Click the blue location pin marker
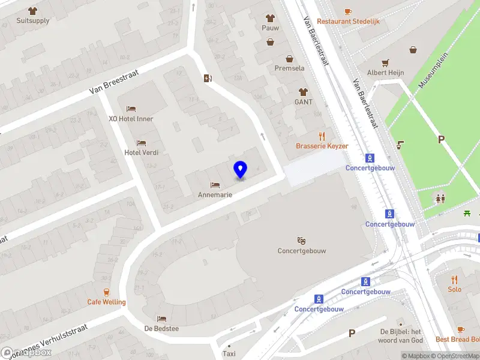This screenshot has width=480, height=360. pos(240,169)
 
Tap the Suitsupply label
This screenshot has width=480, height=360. pos(33,20)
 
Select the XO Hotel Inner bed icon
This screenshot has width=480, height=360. pos(131,109)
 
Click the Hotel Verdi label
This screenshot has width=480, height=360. pos(142,152)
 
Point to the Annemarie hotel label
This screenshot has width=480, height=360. pos(215,195)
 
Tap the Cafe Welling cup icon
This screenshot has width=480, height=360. pos(106,292)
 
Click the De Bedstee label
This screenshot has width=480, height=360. pos(161,329)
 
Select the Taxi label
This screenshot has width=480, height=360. pos(229,354)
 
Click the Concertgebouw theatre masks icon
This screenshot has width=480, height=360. pos(301,241)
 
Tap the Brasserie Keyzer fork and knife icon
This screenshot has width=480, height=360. pos(322,136)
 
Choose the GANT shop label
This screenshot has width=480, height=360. pos(304,102)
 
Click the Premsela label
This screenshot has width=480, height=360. pos(290,68)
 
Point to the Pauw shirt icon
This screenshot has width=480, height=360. pos(270,18)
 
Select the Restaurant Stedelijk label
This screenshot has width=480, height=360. pos(348,21)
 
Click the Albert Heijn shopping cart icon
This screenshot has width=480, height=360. pos(385,62)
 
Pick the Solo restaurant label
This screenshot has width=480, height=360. pos(454,289)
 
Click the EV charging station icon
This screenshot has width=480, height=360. pos(208,78)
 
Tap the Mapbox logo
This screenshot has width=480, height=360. pos(27,353)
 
